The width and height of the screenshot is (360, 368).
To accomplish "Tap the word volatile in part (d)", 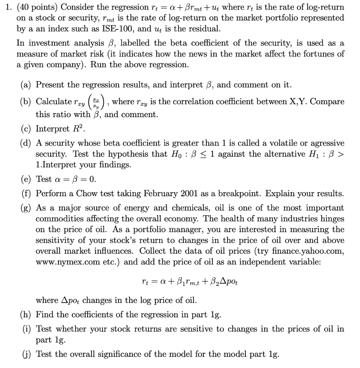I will tap(272, 143).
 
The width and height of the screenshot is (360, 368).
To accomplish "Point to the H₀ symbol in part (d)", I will tap(173, 155).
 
